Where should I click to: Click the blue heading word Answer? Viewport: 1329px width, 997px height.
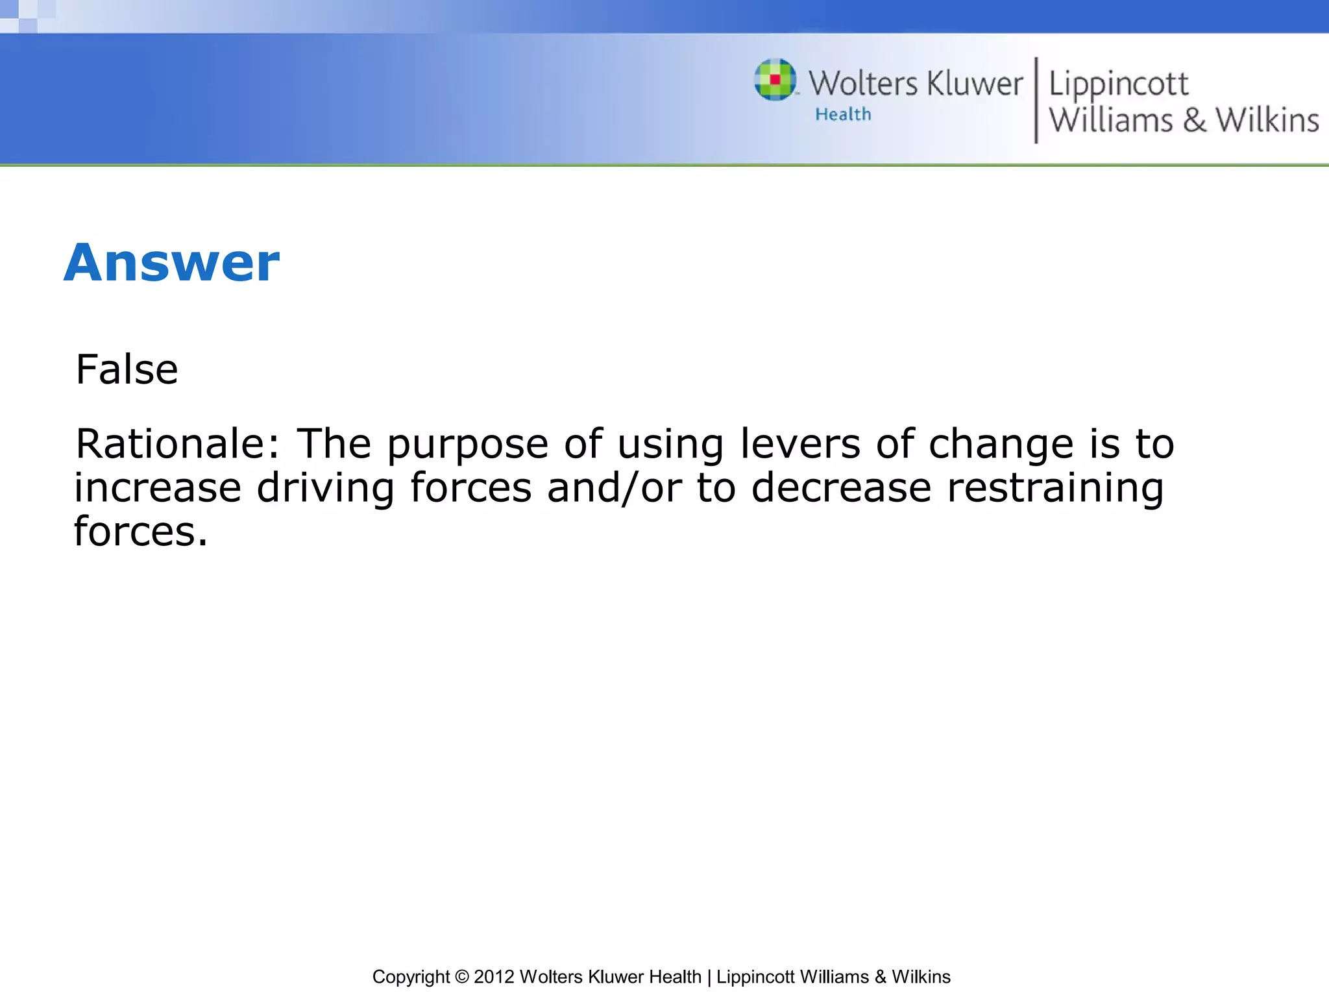point(171,263)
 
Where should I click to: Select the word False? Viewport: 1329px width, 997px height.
point(127,370)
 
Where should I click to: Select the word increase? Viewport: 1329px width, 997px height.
point(158,488)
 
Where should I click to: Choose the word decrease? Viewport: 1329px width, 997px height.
point(841,488)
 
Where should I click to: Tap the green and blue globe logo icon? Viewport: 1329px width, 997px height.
point(775,80)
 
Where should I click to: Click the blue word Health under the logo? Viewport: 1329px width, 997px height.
point(843,115)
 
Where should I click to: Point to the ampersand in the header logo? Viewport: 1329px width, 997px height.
point(1194,121)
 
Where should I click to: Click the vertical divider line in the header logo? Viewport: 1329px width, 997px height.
point(1036,100)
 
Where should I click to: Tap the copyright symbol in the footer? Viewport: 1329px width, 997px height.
point(461,977)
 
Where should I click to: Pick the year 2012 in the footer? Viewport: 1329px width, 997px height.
point(494,977)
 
